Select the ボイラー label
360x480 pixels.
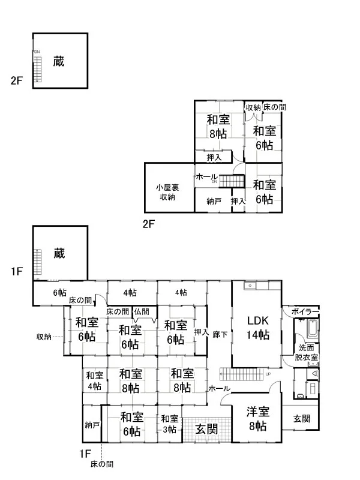[304, 312]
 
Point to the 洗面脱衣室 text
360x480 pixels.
[306, 352]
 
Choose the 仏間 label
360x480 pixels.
[142, 311]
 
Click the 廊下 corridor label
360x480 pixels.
[220, 333]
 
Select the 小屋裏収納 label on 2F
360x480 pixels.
[167, 192]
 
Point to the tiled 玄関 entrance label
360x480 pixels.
[206, 430]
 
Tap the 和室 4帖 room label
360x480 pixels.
[94, 380]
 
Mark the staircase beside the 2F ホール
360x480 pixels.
[232, 180]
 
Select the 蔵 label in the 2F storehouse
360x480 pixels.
[58, 61]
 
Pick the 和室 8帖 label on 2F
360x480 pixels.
[218, 127]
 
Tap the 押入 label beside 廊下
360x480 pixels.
[200, 332]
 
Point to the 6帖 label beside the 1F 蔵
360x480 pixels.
[59, 293]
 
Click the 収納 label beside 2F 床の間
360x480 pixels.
[253, 107]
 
